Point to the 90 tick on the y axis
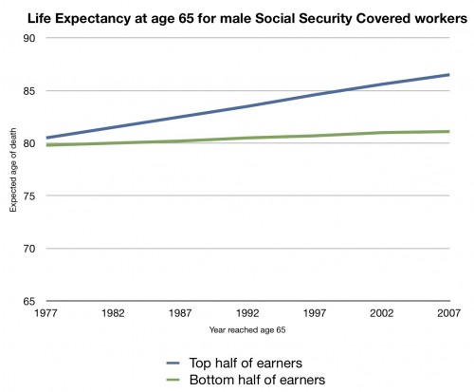tap(29, 38)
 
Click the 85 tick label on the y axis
tap(29, 91)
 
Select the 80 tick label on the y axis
tap(29, 143)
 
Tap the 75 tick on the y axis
tap(29, 196)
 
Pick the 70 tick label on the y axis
tap(29, 249)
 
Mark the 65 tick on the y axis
tap(29, 301)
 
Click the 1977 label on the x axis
tap(44, 313)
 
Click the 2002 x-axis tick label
tap(381, 313)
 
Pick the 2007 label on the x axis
tap(448, 313)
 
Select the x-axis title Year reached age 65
tap(246, 330)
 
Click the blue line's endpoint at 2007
tap(448, 75)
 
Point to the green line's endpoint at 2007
tap(448, 132)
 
